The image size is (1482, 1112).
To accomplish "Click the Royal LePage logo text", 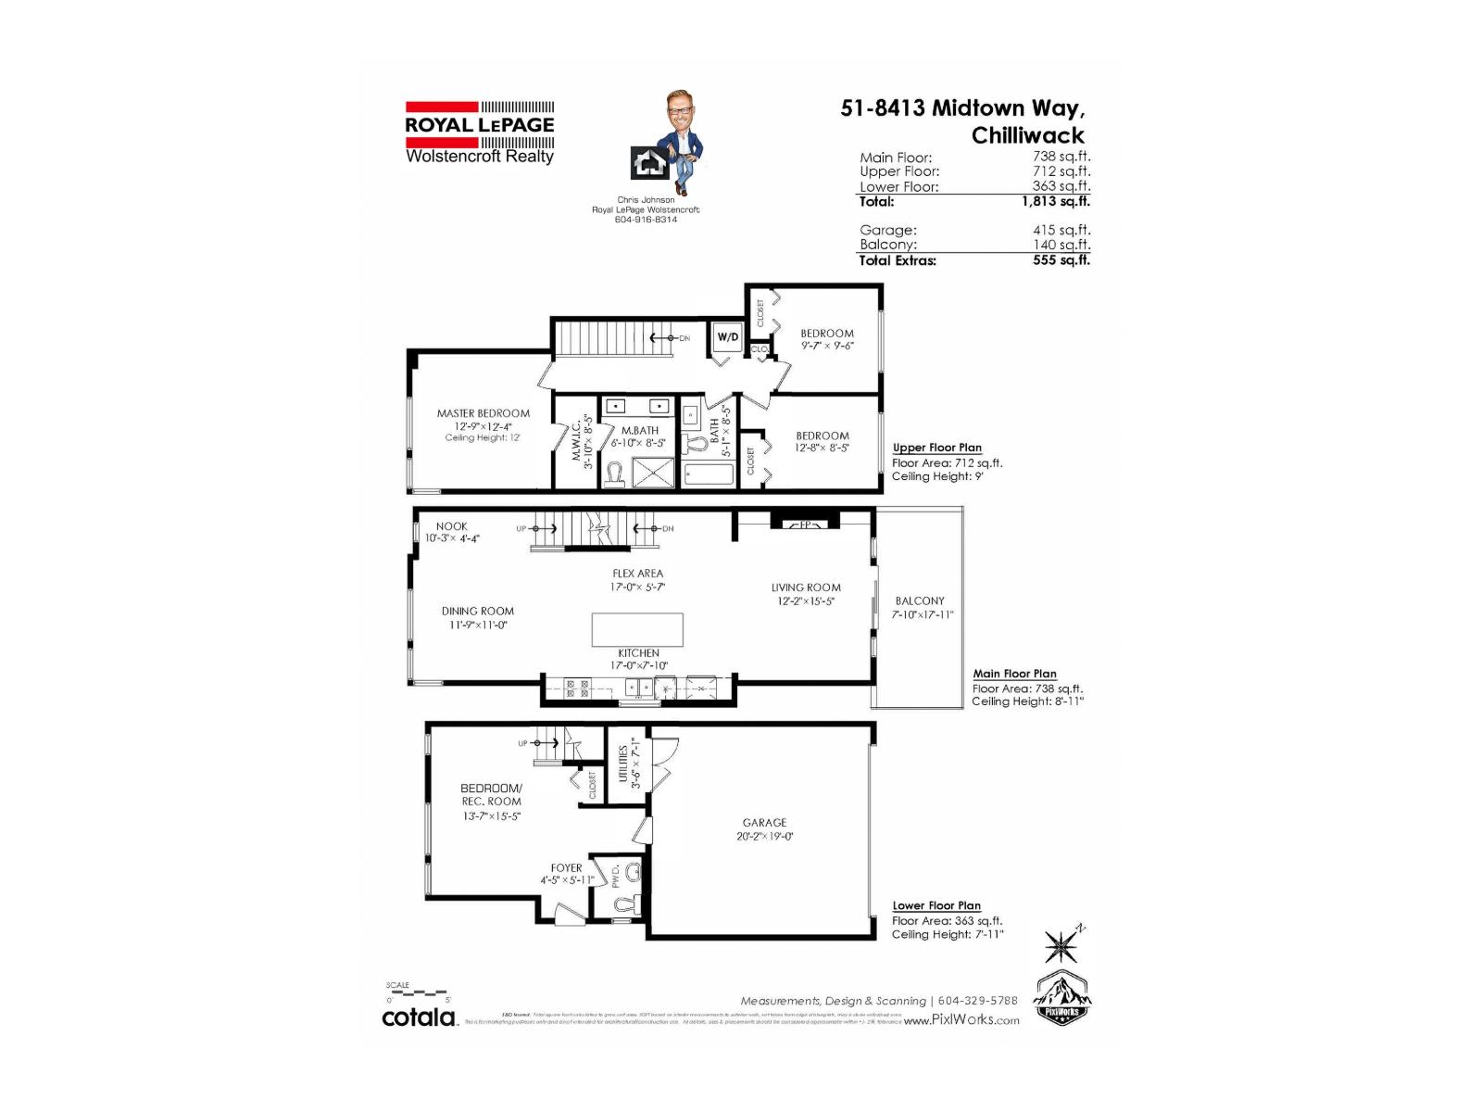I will point(479,125).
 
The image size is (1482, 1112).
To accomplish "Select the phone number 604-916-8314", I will point(646,220).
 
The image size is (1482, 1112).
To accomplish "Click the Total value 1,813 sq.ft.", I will point(1055,201).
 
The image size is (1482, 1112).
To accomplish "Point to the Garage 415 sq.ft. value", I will point(1061,230).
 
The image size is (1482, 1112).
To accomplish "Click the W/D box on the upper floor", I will point(728,337).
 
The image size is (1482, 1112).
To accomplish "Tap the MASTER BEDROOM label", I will point(484,413).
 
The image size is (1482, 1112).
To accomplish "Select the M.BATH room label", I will point(639,430).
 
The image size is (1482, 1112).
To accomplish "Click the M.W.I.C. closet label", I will point(576,441).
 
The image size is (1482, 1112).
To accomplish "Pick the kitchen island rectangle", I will point(637,629).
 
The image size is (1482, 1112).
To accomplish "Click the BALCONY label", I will point(920,600).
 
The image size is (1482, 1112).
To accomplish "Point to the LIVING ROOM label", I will point(806,588).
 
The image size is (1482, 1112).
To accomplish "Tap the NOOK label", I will point(452,526).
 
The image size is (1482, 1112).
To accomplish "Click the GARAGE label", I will point(764,822).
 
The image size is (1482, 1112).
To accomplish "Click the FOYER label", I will point(566,868).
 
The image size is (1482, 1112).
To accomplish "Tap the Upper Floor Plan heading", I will point(936,448).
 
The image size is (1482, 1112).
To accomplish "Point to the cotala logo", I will point(420,1017).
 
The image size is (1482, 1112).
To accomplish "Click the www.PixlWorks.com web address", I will point(961,1020).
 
